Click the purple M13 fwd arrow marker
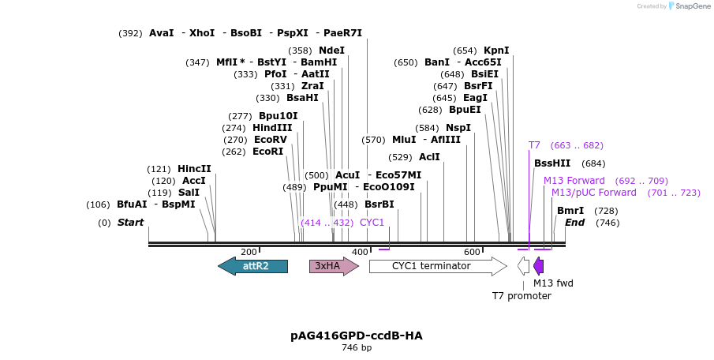[538, 266]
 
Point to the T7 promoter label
[521, 296]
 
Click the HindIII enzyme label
[272, 128]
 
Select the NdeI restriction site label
[331, 51]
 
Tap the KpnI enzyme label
[496, 51]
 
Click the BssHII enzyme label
[552, 163]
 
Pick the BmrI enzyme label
[570, 211]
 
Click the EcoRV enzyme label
[271, 140]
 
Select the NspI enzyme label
[458, 128]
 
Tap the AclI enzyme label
[429, 157]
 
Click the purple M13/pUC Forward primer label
[593, 193]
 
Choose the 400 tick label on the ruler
[360, 252]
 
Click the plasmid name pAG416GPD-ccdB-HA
[357, 336]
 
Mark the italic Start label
[130, 223]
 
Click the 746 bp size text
[357, 347]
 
